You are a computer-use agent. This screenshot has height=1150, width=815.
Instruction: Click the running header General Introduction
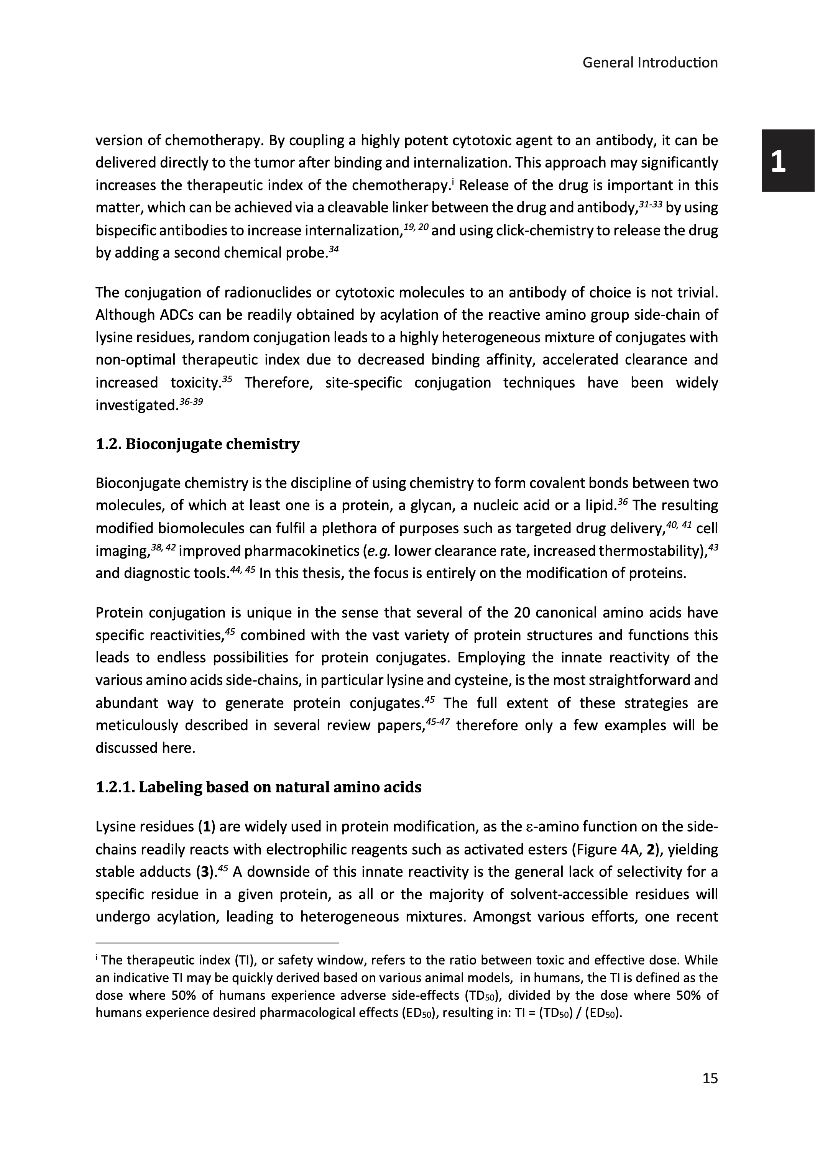pyautogui.click(x=650, y=63)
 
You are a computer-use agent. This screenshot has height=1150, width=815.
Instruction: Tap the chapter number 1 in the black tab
pyautogui.click(x=778, y=161)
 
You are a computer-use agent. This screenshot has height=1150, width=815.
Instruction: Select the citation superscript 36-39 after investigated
pyautogui.click(x=191, y=402)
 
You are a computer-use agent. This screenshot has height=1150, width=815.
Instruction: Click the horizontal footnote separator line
pyautogui.click(x=217, y=942)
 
